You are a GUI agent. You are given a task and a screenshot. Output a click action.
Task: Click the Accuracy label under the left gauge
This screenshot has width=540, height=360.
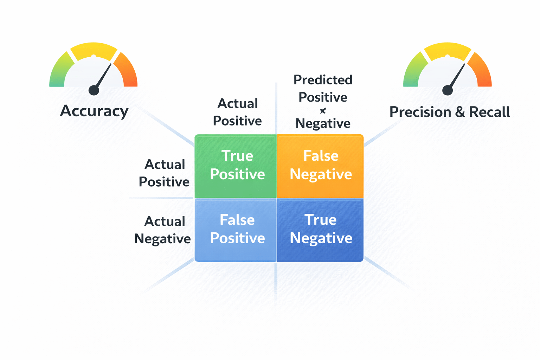tap(94, 111)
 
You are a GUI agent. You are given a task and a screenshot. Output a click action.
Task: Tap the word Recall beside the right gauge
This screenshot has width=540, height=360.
tap(489, 112)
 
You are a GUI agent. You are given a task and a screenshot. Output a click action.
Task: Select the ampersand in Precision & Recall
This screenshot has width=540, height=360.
tap(460, 112)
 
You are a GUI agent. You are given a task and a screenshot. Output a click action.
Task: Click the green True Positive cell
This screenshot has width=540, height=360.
tap(236, 166)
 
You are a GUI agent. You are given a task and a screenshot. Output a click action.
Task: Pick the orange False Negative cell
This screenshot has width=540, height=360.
tap(320, 166)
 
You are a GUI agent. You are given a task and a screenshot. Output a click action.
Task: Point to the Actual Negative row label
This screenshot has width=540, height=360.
tap(163, 230)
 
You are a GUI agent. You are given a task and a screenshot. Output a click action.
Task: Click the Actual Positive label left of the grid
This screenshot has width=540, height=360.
tap(164, 173)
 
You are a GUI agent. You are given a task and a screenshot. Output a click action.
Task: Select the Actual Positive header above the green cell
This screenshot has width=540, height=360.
tap(237, 112)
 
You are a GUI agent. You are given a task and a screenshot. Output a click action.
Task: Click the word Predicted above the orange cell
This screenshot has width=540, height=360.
tap(323, 80)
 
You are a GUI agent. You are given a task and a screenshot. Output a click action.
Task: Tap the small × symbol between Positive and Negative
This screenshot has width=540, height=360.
tap(323, 111)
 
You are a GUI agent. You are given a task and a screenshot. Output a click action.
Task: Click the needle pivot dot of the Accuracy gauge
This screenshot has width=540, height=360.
tap(94, 90)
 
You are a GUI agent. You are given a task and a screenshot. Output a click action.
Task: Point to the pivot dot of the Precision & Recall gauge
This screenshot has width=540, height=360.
tap(448, 90)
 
